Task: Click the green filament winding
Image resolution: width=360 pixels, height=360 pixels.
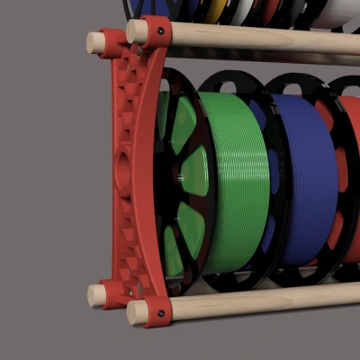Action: [x=236, y=180]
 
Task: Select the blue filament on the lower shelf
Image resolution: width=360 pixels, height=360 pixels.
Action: [x=306, y=180]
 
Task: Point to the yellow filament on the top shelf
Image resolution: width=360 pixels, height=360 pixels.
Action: [x=213, y=10]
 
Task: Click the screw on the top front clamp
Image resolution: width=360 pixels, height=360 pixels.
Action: [x=160, y=31]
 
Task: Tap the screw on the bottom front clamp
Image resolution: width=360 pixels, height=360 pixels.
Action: [x=160, y=314]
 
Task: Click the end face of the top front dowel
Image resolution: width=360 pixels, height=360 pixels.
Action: [x=136, y=32]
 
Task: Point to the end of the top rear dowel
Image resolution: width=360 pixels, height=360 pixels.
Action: [x=94, y=42]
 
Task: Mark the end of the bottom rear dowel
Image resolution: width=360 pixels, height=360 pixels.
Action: [x=95, y=295]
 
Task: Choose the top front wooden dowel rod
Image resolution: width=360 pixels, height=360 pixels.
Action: [x=261, y=37]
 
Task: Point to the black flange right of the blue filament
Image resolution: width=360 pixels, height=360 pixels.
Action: [x=330, y=180]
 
